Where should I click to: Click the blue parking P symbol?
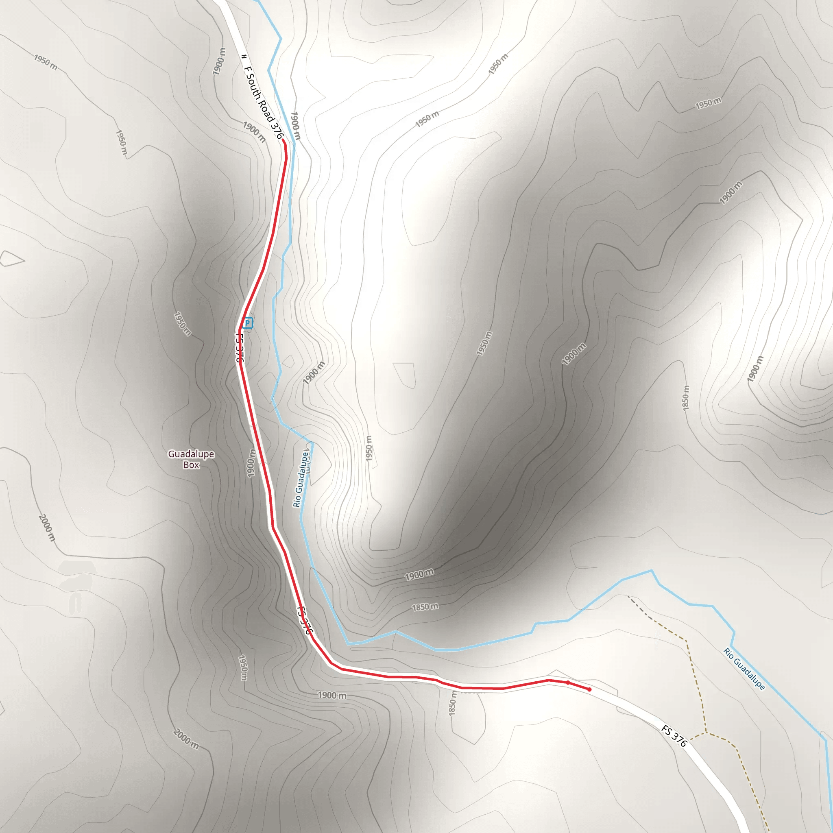point(247,323)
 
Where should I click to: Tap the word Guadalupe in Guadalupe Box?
point(191,454)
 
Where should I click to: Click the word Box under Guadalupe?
point(191,465)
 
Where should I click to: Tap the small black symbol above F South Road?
point(244,57)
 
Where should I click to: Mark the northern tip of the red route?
point(283,141)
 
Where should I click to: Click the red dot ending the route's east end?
point(589,690)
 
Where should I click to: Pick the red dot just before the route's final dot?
point(568,683)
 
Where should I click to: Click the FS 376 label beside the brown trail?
point(674,735)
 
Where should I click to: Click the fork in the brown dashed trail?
point(706,733)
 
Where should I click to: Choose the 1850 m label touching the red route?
point(452,703)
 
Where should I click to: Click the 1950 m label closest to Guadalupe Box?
point(182,323)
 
